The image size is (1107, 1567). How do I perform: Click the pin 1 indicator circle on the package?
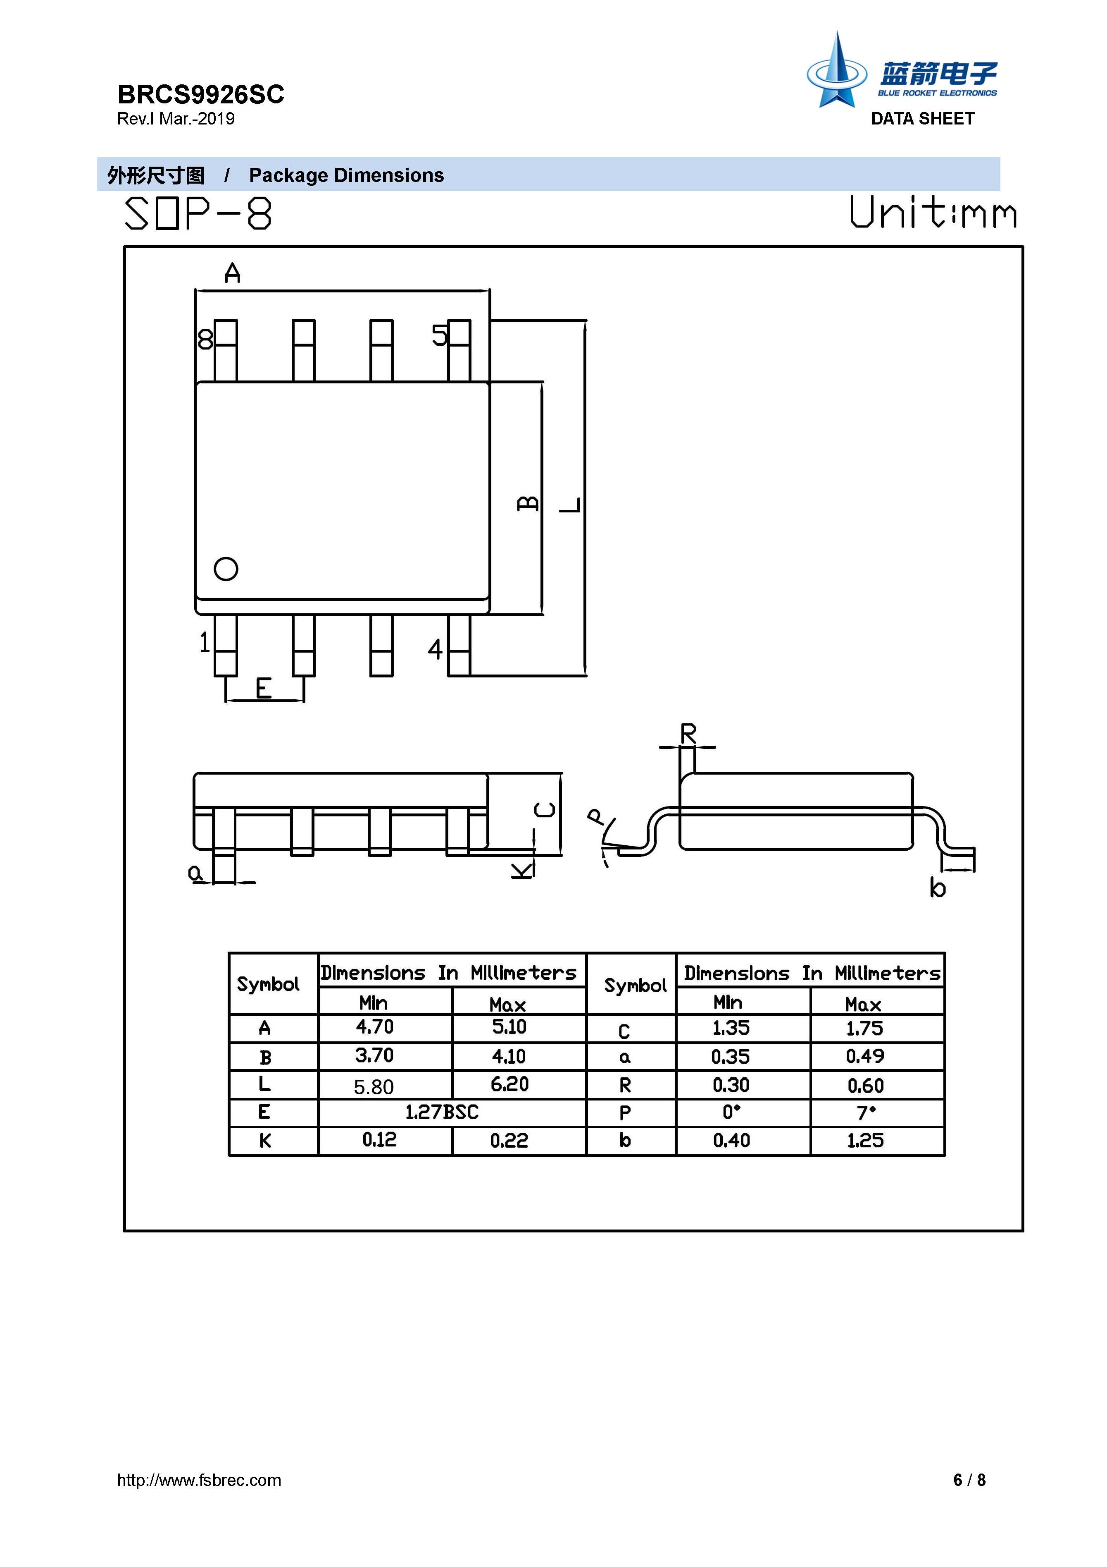(226, 569)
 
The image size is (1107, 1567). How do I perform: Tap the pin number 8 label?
(205, 339)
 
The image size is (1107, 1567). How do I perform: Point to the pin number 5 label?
(439, 335)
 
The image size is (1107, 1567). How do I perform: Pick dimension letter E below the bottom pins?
(263, 689)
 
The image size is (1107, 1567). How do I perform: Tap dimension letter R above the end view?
(688, 734)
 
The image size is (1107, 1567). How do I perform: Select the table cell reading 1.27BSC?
(442, 1112)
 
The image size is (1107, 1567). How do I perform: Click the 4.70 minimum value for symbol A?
(374, 1027)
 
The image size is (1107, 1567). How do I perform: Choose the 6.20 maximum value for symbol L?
(509, 1084)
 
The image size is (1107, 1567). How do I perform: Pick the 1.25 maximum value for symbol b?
(865, 1141)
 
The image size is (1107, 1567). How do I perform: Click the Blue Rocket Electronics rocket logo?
(837, 72)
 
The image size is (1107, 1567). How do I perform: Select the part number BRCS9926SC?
(200, 94)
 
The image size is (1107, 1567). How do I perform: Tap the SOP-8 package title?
(198, 214)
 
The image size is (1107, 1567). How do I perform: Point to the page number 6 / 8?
(969, 1480)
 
